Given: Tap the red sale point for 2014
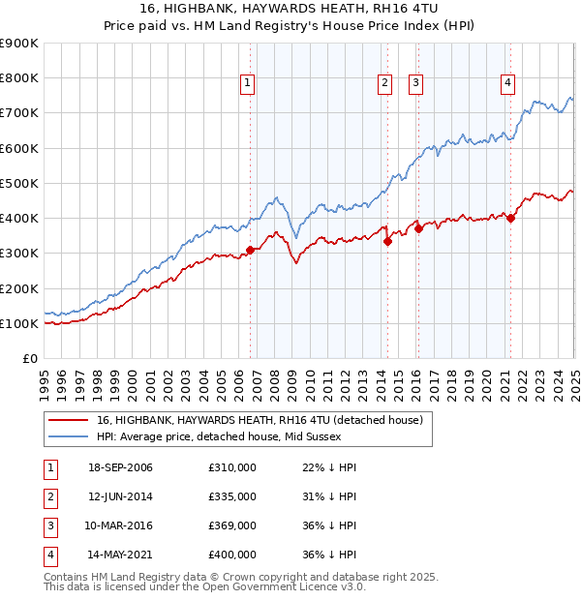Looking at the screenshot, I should coord(387,242).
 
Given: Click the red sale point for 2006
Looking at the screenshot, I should coord(250,250).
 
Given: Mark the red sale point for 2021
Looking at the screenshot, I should coord(510,219).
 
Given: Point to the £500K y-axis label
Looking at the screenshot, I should coord(18,183).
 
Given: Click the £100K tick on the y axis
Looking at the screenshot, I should coord(18,323).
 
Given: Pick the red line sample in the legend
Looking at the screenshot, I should coord(69,421).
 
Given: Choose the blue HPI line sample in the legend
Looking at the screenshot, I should coord(69,436).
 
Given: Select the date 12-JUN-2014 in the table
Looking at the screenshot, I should coord(120,496).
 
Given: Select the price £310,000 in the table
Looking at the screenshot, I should coord(232,467).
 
